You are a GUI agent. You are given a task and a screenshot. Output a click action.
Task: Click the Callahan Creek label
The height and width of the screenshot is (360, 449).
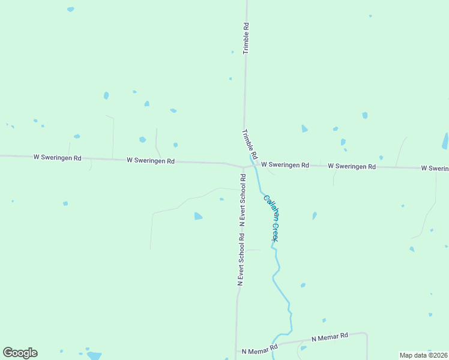tap(271, 218)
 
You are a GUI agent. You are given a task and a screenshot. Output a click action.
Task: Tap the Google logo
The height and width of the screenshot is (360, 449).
tap(20, 353)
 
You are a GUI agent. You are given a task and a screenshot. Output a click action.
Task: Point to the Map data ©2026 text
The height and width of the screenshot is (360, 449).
tap(424, 355)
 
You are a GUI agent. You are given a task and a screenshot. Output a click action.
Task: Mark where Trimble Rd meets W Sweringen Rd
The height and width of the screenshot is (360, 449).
tap(244, 166)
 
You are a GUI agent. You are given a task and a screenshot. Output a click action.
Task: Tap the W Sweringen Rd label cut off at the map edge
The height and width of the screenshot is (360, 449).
tap(435, 169)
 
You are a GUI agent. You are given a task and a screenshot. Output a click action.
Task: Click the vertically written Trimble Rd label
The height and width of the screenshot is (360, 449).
tap(246, 39)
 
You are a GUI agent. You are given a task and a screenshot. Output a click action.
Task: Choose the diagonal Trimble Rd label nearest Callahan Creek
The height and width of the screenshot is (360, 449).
tap(250, 144)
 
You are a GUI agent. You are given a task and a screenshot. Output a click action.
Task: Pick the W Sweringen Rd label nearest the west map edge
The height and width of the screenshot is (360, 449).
tap(57, 157)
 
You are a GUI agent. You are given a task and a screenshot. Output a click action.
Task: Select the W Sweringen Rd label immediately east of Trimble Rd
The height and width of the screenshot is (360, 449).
tap(285, 165)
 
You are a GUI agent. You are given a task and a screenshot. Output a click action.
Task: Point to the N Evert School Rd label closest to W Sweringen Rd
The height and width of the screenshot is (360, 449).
tap(243, 200)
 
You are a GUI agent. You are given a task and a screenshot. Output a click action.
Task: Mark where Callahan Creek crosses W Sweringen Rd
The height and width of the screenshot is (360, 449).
tap(253, 166)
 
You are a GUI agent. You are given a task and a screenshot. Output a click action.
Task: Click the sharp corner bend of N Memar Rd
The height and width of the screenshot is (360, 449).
tap(366, 333)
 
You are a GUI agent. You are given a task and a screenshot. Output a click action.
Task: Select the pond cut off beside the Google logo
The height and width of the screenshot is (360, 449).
tap(94, 355)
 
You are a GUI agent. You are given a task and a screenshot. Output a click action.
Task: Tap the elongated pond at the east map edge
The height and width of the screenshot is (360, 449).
tap(445, 141)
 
